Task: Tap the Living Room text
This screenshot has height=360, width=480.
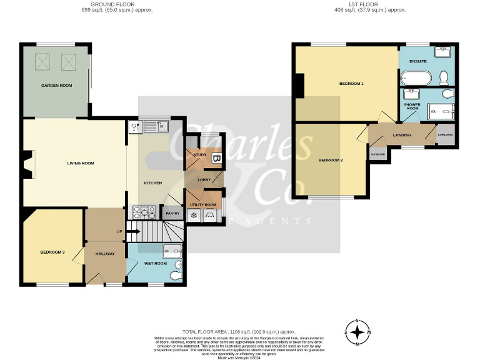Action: click(x=81, y=163)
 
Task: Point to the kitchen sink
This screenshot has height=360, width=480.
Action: click(x=154, y=127)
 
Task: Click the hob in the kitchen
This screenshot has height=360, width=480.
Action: click(x=143, y=212)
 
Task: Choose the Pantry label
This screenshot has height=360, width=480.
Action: click(x=172, y=214)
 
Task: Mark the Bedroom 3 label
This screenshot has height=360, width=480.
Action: click(x=52, y=252)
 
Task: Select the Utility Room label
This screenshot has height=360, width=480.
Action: click(x=203, y=205)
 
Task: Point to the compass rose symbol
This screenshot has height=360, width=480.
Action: click(x=357, y=332)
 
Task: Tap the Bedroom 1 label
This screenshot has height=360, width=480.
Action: click(x=351, y=83)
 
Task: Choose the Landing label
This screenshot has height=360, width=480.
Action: click(x=402, y=135)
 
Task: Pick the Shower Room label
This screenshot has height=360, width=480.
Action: click(x=412, y=107)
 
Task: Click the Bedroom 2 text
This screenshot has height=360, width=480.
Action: click(x=331, y=160)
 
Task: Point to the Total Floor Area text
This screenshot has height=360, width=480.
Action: click(x=238, y=331)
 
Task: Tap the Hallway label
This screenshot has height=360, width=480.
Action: click(x=104, y=254)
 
